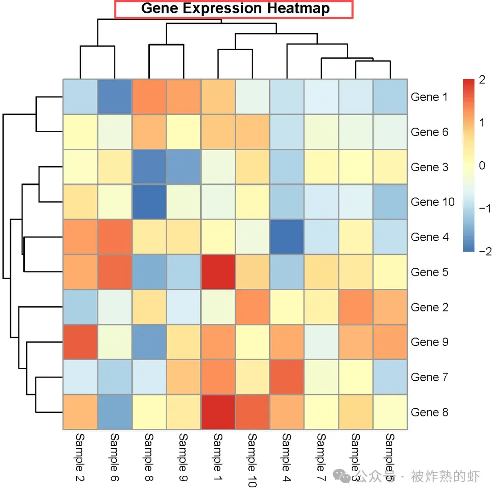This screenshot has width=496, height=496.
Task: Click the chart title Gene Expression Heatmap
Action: tap(235, 9)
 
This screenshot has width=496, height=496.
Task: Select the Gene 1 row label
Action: tap(429, 97)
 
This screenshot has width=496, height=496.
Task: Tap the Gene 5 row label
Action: tap(429, 272)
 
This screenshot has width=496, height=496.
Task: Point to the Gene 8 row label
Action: tap(429, 412)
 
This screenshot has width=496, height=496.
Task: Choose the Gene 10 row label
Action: tap(433, 202)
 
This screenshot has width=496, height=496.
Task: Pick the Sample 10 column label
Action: tap(252, 460)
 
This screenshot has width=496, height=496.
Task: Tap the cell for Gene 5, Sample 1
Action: tap(218, 272)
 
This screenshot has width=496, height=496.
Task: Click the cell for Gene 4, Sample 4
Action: tap(287, 237)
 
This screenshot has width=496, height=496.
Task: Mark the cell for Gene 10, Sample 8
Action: tap(149, 202)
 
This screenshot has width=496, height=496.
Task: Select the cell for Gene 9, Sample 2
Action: tap(80, 342)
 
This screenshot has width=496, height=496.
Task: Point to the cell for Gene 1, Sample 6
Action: tap(114, 97)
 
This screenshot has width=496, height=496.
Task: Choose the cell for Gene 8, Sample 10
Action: tap(252, 412)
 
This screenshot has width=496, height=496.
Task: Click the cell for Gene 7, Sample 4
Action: tap(287, 377)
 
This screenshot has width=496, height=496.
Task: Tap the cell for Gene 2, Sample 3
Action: tap(355, 307)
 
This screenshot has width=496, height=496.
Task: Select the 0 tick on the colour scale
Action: tap(482, 166)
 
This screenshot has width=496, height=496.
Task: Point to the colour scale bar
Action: tap(468, 165)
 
